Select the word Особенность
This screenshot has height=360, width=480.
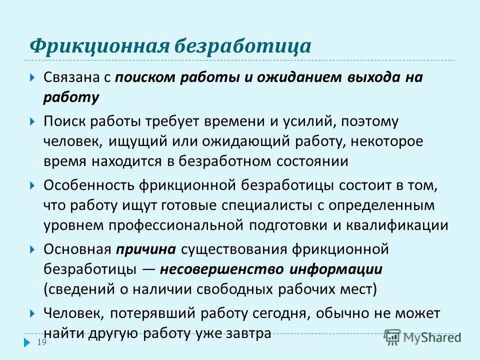pyautogui.click(x=88, y=185)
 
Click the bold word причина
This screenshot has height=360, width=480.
pyautogui.click(x=146, y=249)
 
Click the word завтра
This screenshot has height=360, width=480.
pyautogui.click(x=247, y=333)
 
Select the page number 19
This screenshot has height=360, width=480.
pyautogui.click(x=42, y=342)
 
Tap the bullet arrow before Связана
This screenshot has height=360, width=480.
pyautogui.click(x=32, y=78)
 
